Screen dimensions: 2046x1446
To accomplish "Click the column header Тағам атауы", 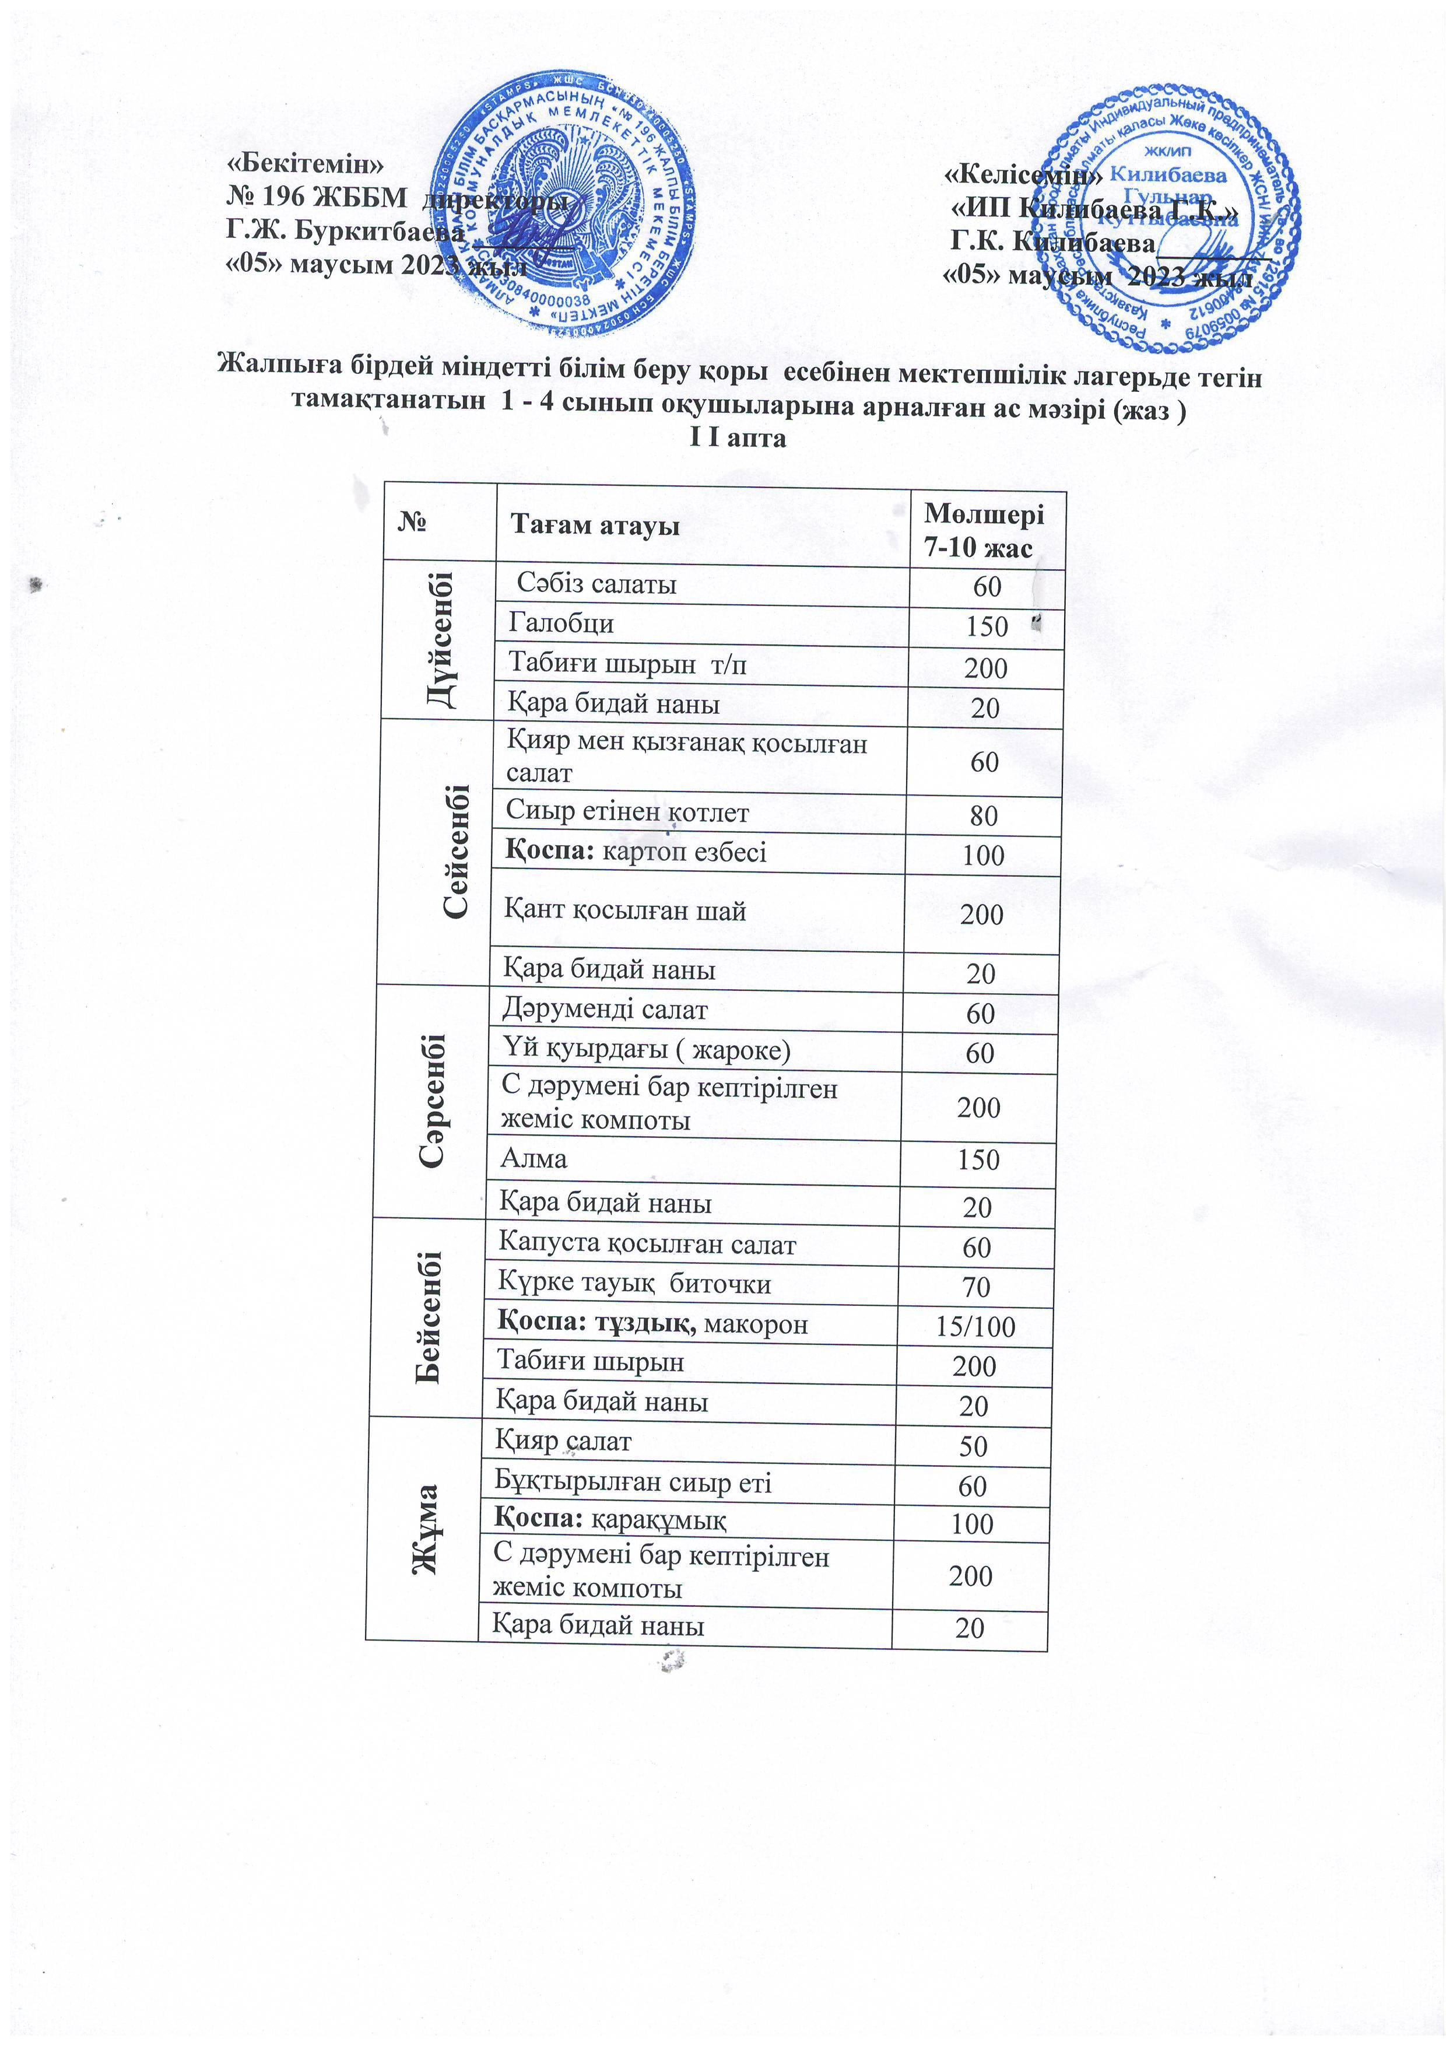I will point(594,525).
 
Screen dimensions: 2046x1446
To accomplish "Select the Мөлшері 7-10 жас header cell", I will point(982,530).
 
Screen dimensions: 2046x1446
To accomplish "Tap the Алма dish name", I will point(534,1158).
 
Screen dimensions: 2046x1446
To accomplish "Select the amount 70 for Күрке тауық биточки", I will point(977,1287).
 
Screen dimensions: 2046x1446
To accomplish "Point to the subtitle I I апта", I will point(739,439).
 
